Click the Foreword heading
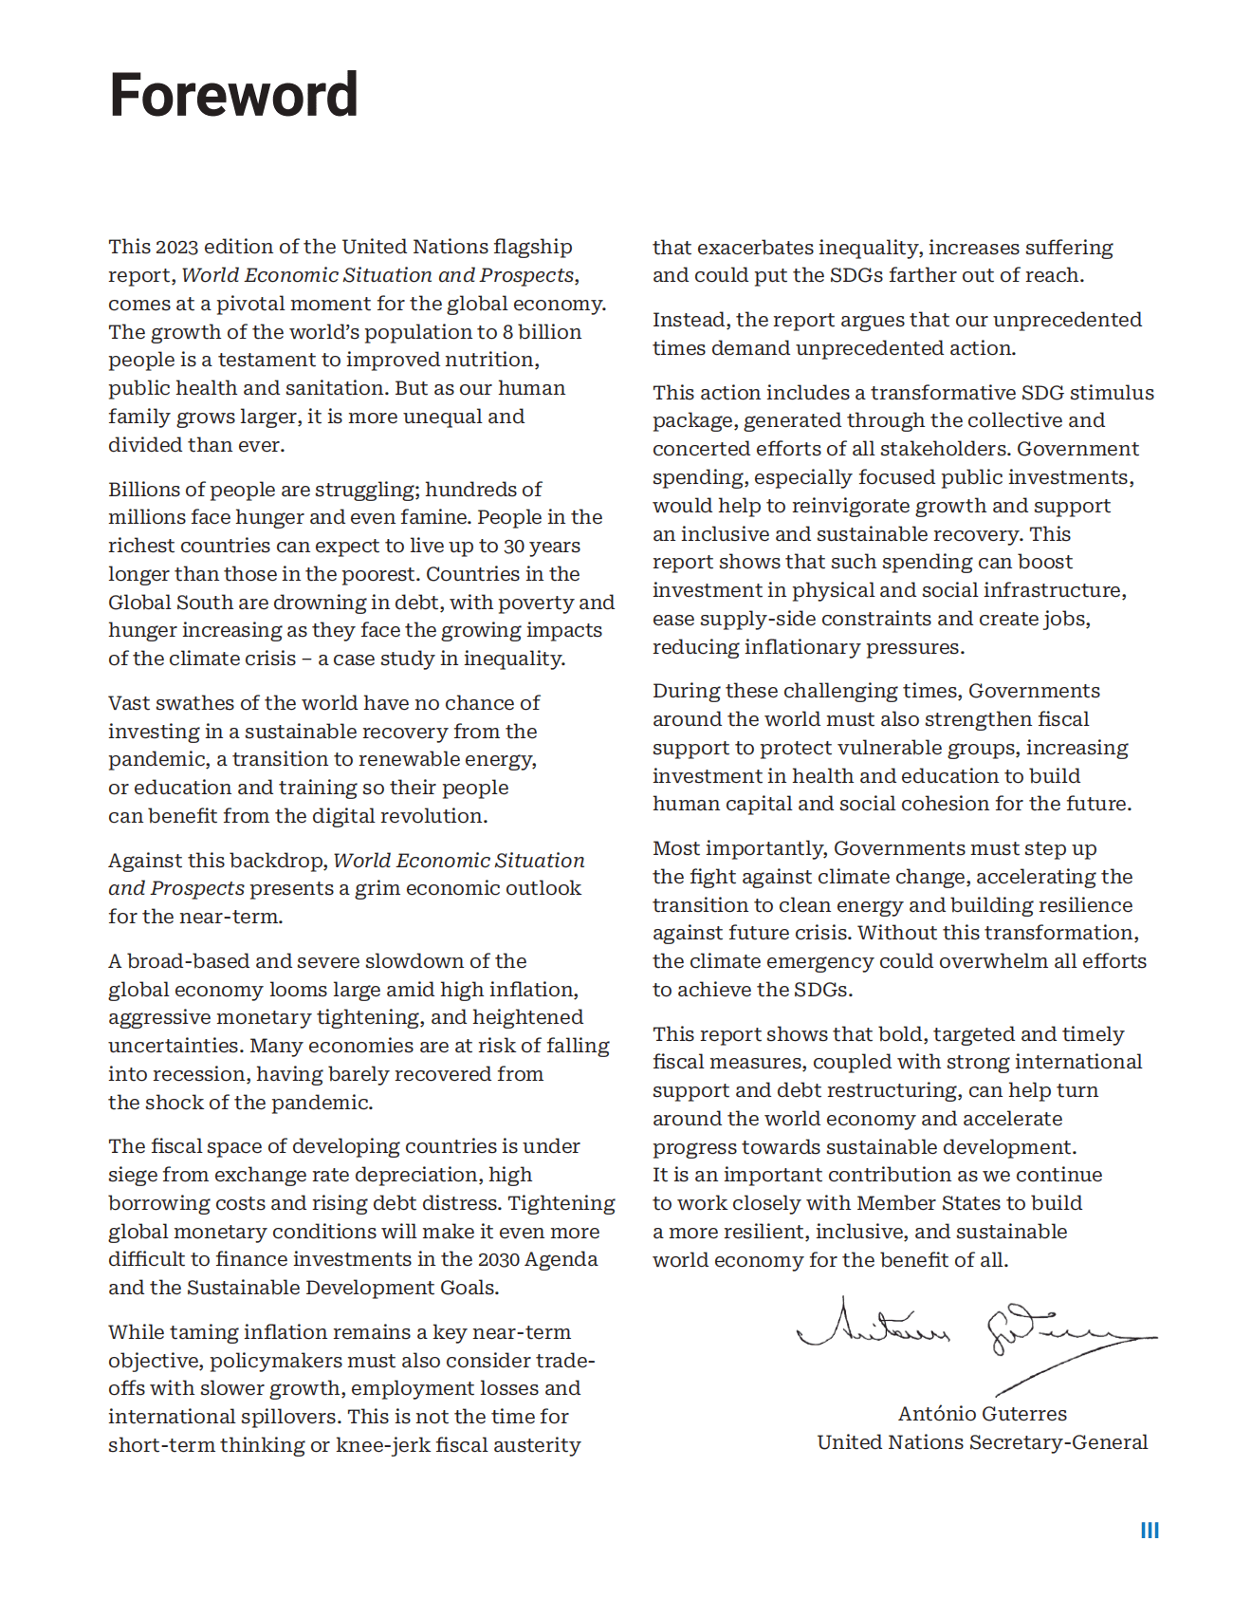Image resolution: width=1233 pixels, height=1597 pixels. pyautogui.click(x=233, y=95)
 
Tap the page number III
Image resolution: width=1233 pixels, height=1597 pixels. pyautogui.click(x=1150, y=1531)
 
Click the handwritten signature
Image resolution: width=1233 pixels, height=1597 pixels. pyautogui.click(x=977, y=1335)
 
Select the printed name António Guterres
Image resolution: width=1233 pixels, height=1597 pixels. pyautogui.click(x=982, y=1414)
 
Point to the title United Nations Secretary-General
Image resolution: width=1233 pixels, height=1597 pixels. pyautogui.click(x=982, y=1442)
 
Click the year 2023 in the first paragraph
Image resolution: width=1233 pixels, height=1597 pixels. pyautogui.click(x=177, y=247)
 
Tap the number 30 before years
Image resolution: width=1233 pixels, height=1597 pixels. pyautogui.click(x=514, y=546)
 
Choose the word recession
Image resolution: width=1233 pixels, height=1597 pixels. pyautogui.click(x=202, y=1074)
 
